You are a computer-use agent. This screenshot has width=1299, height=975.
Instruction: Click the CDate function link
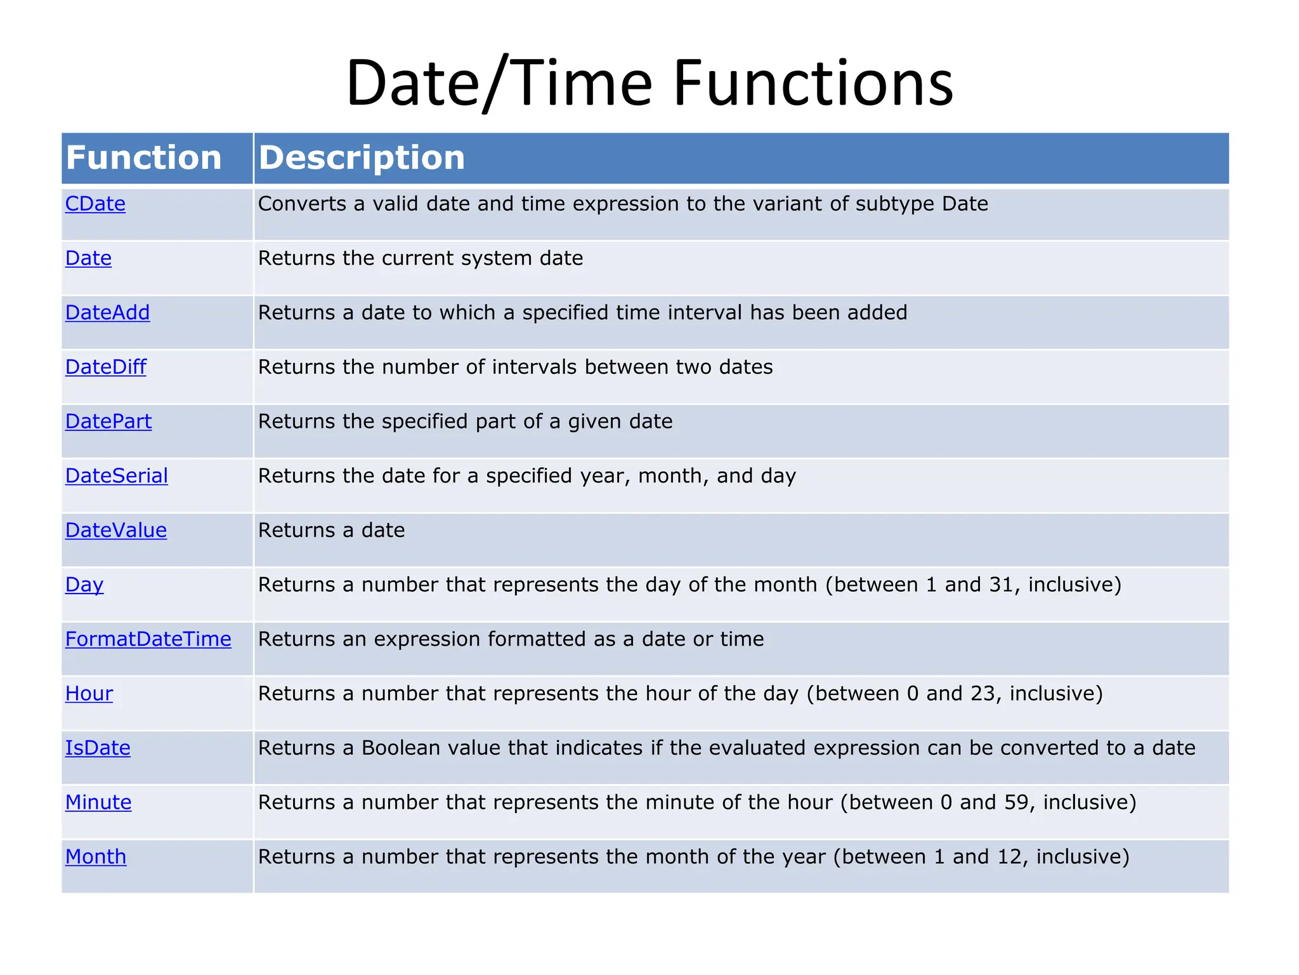tap(95, 204)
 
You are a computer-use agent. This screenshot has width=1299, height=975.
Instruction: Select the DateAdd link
tap(107, 313)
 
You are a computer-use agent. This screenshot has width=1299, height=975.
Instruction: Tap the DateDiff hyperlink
tap(105, 368)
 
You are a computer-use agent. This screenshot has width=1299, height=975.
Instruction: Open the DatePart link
tap(108, 421)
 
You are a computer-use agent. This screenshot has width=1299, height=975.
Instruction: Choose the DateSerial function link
tap(116, 476)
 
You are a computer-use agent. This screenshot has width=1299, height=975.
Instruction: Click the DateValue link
tap(115, 531)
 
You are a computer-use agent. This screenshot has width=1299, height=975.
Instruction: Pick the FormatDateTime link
tap(148, 639)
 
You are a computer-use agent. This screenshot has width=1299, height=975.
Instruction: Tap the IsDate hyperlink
tap(98, 748)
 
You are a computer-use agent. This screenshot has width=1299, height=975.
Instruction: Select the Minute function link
tap(98, 802)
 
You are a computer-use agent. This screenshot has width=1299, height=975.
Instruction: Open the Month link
tap(96, 857)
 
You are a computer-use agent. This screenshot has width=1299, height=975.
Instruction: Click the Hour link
tap(89, 694)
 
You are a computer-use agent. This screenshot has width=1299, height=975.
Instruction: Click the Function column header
tap(144, 157)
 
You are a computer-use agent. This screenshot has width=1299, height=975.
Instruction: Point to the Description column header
tap(362, 157)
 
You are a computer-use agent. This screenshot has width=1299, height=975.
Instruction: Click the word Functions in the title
tap(813, 83)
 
